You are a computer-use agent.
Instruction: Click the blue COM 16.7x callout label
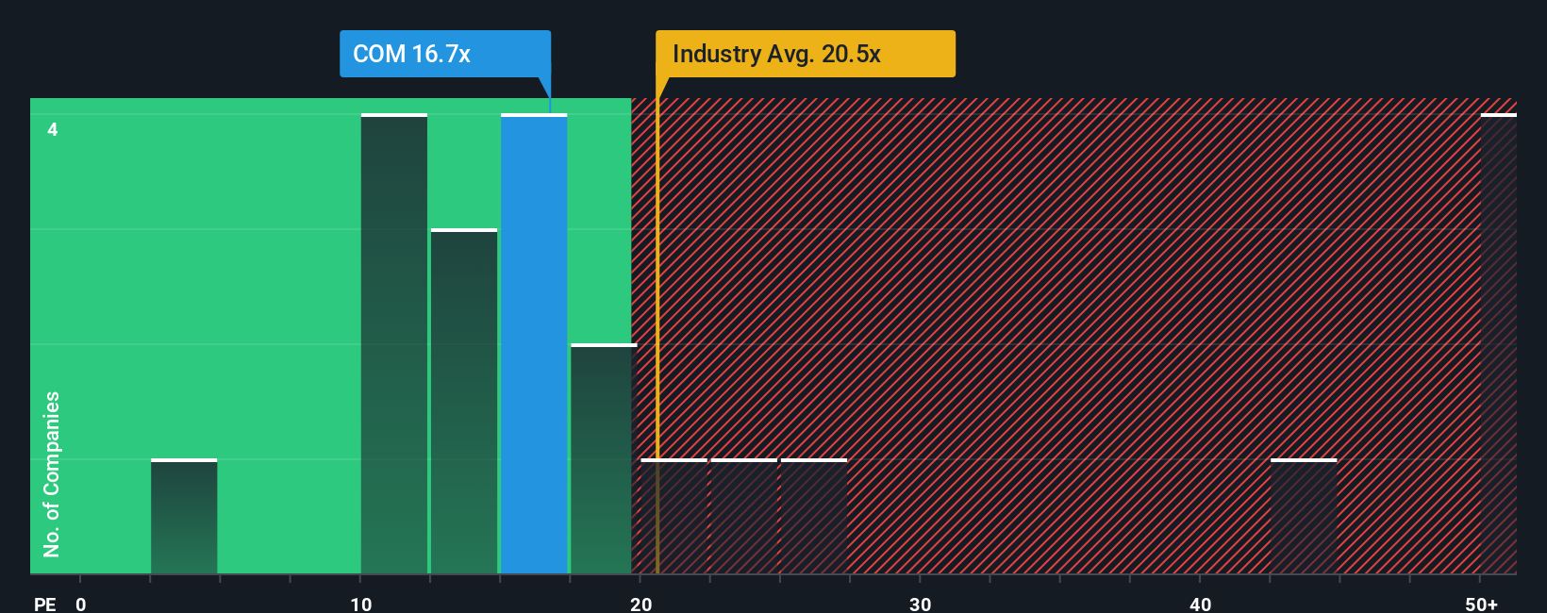[x=444, y=54]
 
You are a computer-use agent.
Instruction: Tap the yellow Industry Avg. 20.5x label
[x=805, y=54]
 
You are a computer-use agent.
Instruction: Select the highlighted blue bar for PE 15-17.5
[x=534, y=344]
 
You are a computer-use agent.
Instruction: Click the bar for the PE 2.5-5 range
[x=184, y=517]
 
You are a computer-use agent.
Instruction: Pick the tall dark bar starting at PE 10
[x=394, y=344]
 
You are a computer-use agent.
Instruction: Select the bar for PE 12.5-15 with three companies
[x=464, y=402]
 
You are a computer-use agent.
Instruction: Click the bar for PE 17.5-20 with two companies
[x=602, y=459]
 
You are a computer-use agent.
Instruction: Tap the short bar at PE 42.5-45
[x=1304, y=517]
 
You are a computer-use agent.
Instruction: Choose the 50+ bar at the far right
[x=1498, y=344]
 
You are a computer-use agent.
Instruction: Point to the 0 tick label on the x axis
[x=81, y=605]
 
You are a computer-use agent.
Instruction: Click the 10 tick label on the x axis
[x=360, y=605]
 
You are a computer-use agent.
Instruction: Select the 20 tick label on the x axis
[x=640, y=605]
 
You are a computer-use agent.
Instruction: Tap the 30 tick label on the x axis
[x=920, y=605]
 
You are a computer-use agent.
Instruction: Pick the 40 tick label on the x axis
[x=1200, y=605]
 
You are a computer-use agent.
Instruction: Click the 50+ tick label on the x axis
[x=1481, y=605]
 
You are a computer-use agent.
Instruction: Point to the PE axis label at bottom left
[x=44, y=605]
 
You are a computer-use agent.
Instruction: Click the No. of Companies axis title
[x=52, y=473]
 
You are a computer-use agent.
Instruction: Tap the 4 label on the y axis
[x=53, y=129]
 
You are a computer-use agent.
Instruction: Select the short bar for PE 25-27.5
[x=814, y=517]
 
